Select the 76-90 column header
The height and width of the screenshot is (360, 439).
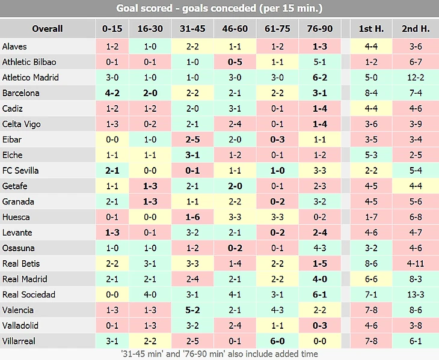pyautogui.click(x=320, y=29)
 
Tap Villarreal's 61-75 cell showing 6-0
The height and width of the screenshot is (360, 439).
pyautogui.click(x=277, y=341)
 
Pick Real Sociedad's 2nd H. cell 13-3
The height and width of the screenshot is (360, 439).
pyautogui.click(x=416, y=294)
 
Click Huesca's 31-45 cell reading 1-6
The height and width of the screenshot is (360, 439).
pyautogui.click(x=192, y=217)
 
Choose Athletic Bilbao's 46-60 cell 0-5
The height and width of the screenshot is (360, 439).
pyautogui.click(x=235, y=62)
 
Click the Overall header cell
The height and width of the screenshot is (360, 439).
pyautogui.click(x=48, y=29)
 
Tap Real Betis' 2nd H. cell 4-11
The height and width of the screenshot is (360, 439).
pyautogui.click(x=416, y=264)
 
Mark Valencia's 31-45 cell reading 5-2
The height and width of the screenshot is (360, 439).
pyautogui.click(x=192, y=310)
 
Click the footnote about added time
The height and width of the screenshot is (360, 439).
pyautogui.click(x=219, y=354)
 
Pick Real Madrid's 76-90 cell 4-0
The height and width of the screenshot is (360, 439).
pyautogui.click(x=320, y=279)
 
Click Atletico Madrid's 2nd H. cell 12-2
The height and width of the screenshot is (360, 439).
pyautogui.click(x=416, y=78)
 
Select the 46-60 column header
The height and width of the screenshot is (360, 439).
pyautogui.click(x=235, y=29)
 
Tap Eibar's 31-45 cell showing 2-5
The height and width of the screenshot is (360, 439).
pyautogui.click(x=192, y=139)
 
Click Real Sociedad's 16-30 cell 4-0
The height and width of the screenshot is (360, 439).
pyautogui.click(x=150, y=294)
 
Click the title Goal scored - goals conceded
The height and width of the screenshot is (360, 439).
pyautogui.click(x=219, y=9)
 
